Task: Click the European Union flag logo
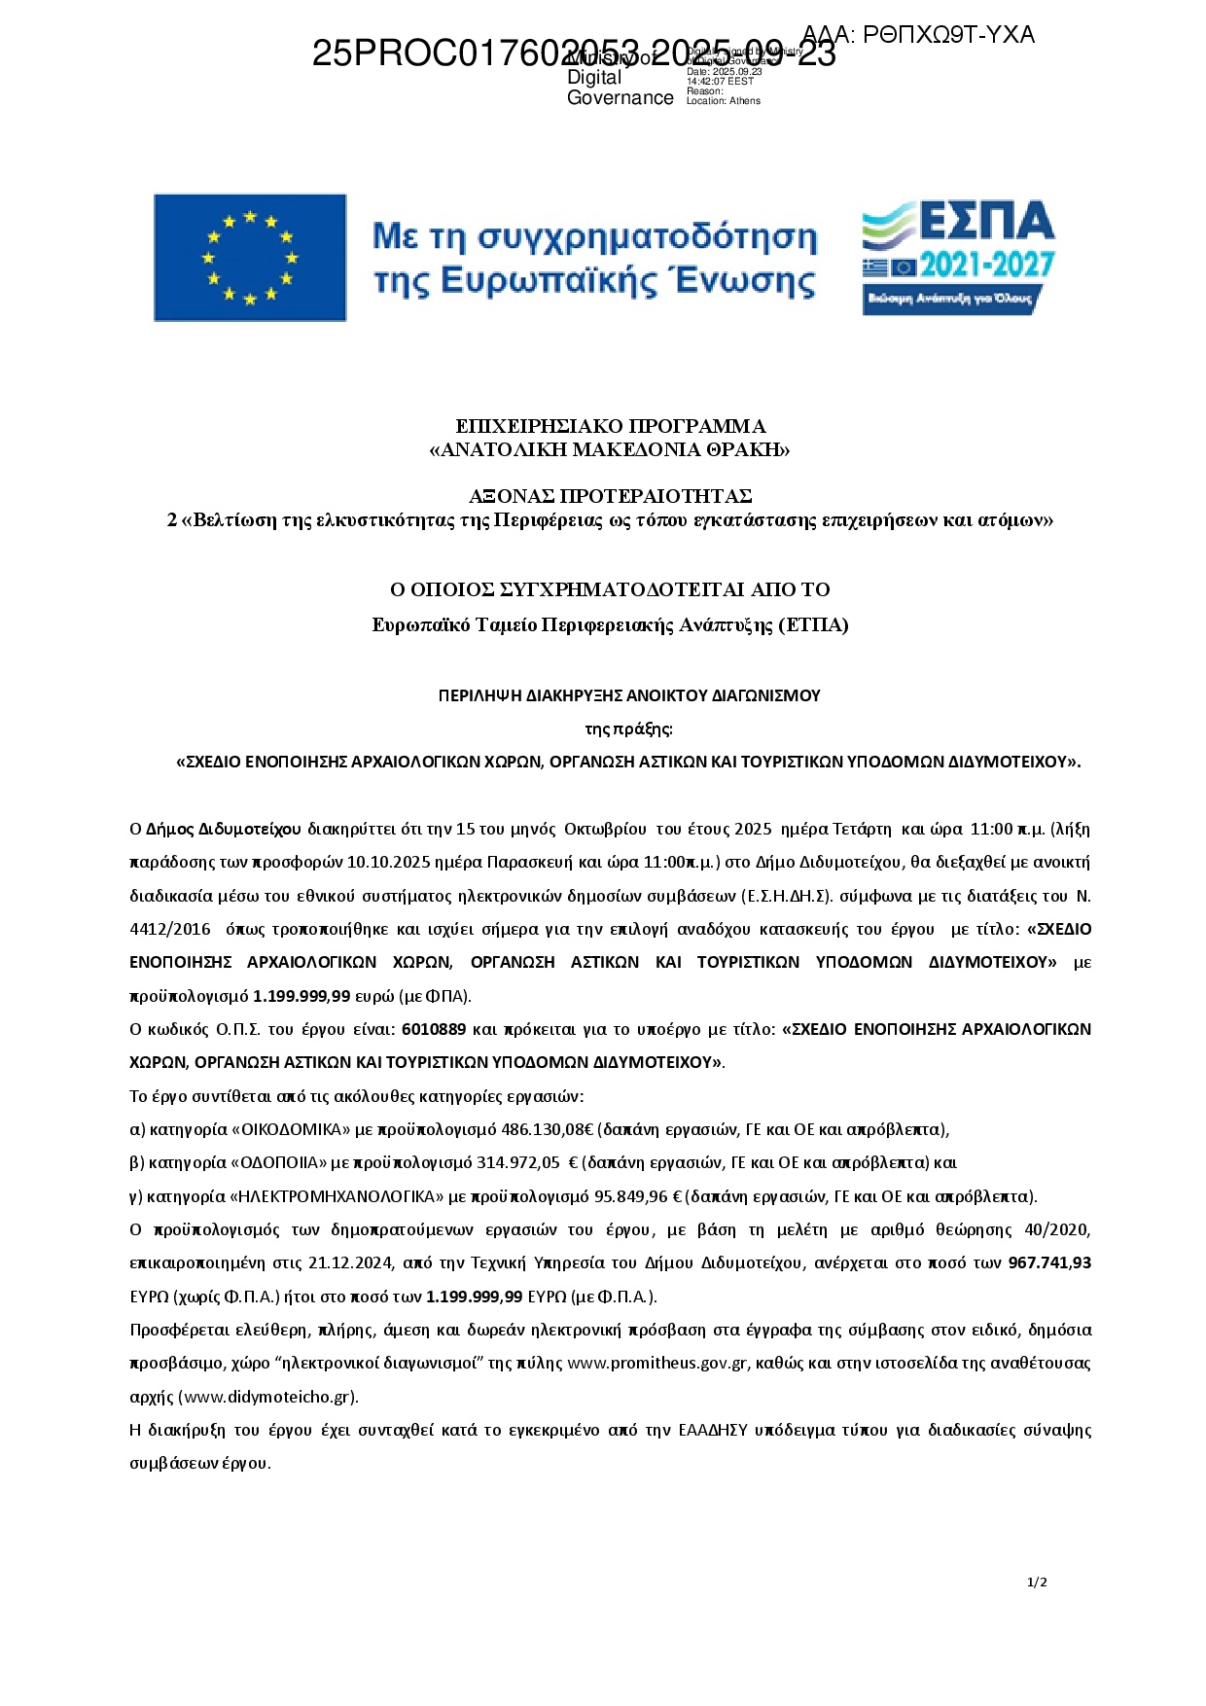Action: (x=250, y=258)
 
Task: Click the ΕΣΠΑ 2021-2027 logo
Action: (x=958, y=258)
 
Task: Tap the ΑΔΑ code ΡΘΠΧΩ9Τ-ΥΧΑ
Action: (x=918, y=36)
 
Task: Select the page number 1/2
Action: (x=1037, y=1582)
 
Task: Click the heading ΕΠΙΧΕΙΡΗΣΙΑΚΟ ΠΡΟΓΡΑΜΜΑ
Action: (x=611, y=426)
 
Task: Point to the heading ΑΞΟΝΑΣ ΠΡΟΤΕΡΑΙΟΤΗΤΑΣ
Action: (x=611, y=496)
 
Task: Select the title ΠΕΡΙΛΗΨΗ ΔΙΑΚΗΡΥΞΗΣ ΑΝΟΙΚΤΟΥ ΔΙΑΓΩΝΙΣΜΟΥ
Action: (x=629, y=695)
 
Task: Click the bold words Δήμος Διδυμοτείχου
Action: (x=224, y=830)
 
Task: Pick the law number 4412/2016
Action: (x=170, y=929)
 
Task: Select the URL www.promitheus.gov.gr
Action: (x=657, y=1363)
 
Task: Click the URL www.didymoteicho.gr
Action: (x=268, y=1397)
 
